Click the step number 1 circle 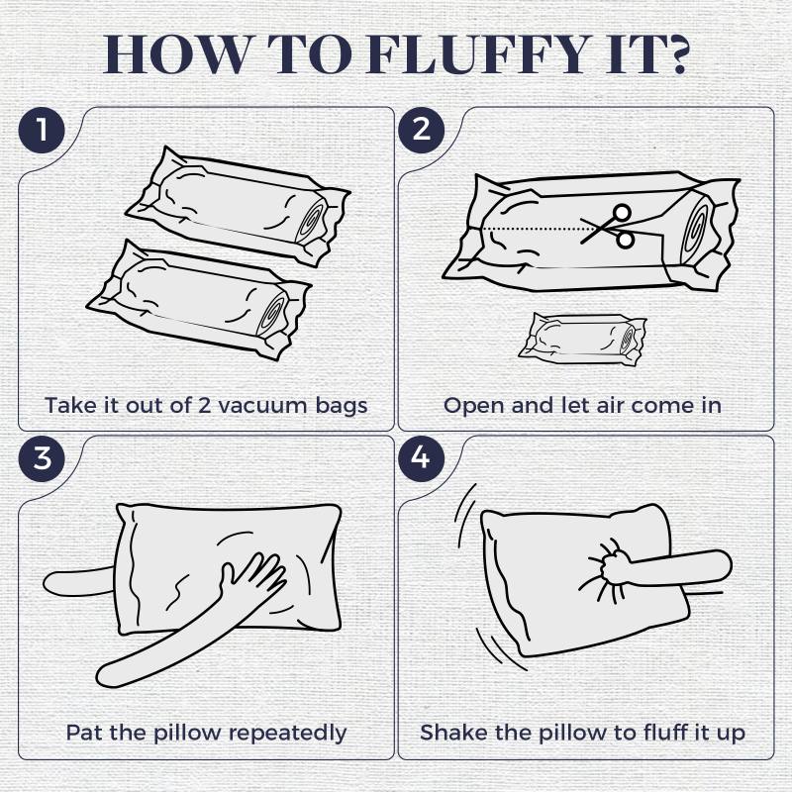click(x=42, y=130)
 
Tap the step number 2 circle click(x=422, y=130)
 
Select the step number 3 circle click(x=42, y=458)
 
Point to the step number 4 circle click(x=422, y=458)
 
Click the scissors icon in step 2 click(x=608, y=227)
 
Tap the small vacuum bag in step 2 click(x=582, y=339)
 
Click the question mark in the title click(x=674, y=53)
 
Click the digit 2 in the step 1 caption click(x=204, y=405)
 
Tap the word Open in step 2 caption click(x=474, y=406)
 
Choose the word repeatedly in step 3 click(x=290, y=734)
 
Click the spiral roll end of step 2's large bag click(x=696, y=230)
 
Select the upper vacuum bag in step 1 click(x=238, y=206)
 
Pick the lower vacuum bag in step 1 click(x=199, y=300)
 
